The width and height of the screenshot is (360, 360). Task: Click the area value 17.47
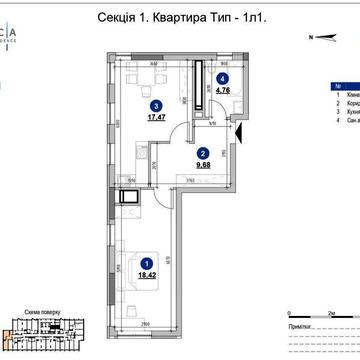coord(155,116)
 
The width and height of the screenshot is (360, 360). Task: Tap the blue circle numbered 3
coord(155,104)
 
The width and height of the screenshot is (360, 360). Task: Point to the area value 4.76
coord(224,88)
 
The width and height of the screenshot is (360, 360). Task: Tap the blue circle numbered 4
coord(224,76)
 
